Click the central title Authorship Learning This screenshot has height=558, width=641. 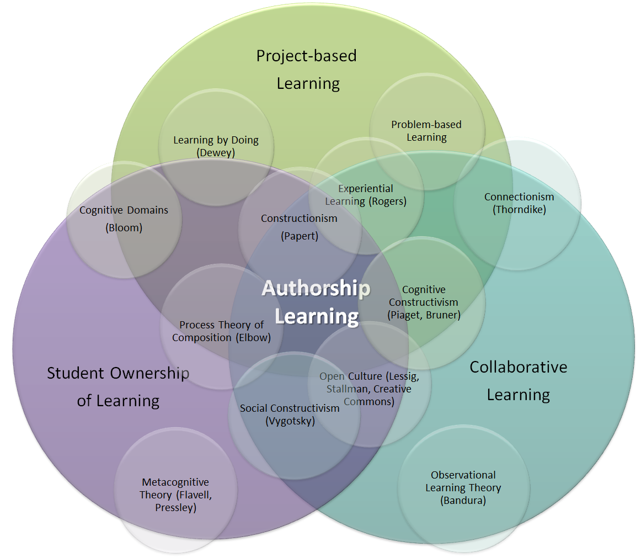[317, 302]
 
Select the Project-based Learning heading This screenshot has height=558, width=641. [307, 70]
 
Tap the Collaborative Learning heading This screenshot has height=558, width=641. [519, 381]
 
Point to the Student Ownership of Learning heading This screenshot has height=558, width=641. [118, 387]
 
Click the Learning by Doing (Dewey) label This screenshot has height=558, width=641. [216, 146]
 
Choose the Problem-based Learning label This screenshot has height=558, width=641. [426, 131]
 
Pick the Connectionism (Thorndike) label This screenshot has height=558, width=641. [519, 203]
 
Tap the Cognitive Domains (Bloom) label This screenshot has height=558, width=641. [124, 219]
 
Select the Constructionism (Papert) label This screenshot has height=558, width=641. [299, 227]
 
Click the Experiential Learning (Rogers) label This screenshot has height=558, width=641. [366, 195]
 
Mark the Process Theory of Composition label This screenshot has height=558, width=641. [221, 331]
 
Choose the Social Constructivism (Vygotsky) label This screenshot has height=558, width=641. [290, 414]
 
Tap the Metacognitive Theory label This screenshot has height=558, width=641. [175, 488]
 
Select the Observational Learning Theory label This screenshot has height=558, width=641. [463, 481]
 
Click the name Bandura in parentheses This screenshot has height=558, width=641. [463, 500]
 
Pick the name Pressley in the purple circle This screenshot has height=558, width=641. [176, 508]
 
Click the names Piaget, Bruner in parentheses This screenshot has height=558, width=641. [424, 315]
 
